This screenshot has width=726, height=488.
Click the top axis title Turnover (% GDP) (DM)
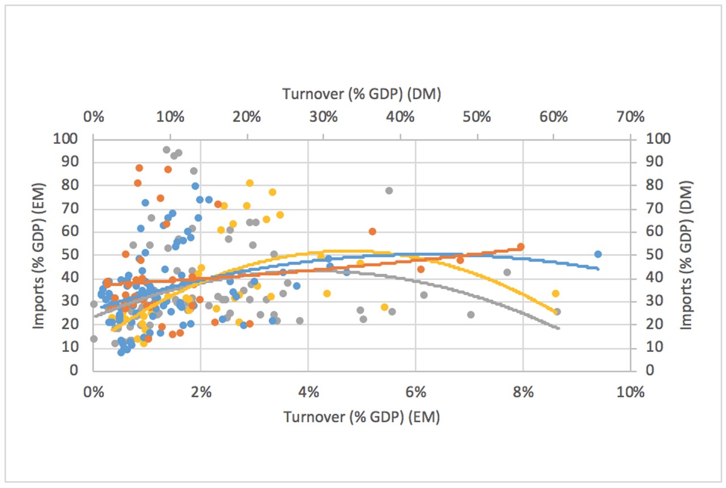pyautogui.click(x=362, y=95)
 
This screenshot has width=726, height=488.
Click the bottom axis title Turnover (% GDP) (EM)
pyautogui.click(x=362, y=417)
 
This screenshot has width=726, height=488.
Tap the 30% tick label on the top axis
pyautogui.click(x=323, y=117)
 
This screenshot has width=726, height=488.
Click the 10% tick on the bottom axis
pyautogui.click(x=630, y=392)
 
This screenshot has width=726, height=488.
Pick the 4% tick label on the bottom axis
pyautogui.click(x=308, y=392)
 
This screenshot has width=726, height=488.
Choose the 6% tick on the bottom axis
pyautogui.click(x=415, y=392)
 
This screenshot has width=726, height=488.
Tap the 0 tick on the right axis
pyautogui.click(x=642, y=371)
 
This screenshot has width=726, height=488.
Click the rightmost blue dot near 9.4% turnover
pyautogui.click(x=598, y=254)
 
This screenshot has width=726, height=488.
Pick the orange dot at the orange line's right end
pyautogui.click(x=520, y=247)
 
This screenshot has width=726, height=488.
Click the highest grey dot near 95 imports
pyautogui.click(x=167, y=150)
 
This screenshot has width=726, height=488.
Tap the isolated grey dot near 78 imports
pyautogui.click(x=389, y=190)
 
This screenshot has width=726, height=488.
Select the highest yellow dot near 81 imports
pyautogui.click(x=249, y=183)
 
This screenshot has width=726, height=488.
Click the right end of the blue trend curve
pyautogui.click(x=598, y=269)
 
